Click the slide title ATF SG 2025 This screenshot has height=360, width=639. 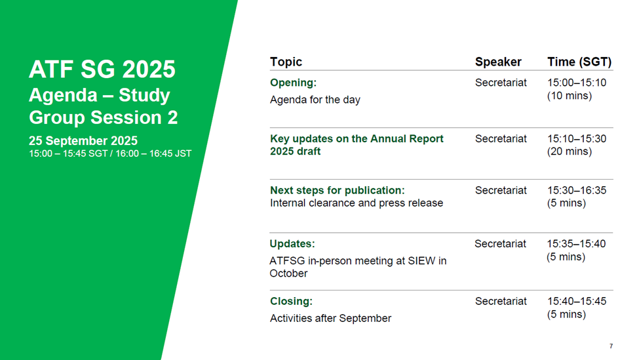click(102, 70)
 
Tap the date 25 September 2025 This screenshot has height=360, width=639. click(83, 141)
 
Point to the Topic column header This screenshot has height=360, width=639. click(286, 62)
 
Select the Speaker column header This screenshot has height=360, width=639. click(498, 62)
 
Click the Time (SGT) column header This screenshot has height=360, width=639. click(579, 62)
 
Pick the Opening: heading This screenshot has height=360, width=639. click(293, 83)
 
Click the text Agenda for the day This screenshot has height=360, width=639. click(315, 100)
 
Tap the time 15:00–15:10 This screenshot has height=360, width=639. click(577, 83)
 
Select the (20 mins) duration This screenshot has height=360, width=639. click(570, 151)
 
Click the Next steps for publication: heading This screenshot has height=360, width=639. click(338, 190)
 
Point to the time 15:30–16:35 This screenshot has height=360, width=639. click(577, 190)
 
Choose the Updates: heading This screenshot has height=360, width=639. click(292, 244)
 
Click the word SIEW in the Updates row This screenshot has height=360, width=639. click(421, 261)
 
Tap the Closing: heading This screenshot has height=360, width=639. click(291, 301)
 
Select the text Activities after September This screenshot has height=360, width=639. click(330, 319)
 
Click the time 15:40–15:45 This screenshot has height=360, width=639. click(577, 301)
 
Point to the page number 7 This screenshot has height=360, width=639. click(611, 346)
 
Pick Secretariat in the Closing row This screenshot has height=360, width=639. click(501, 301)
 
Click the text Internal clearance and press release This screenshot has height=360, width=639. click(356, 203)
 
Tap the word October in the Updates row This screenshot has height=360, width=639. click(288, 273)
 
